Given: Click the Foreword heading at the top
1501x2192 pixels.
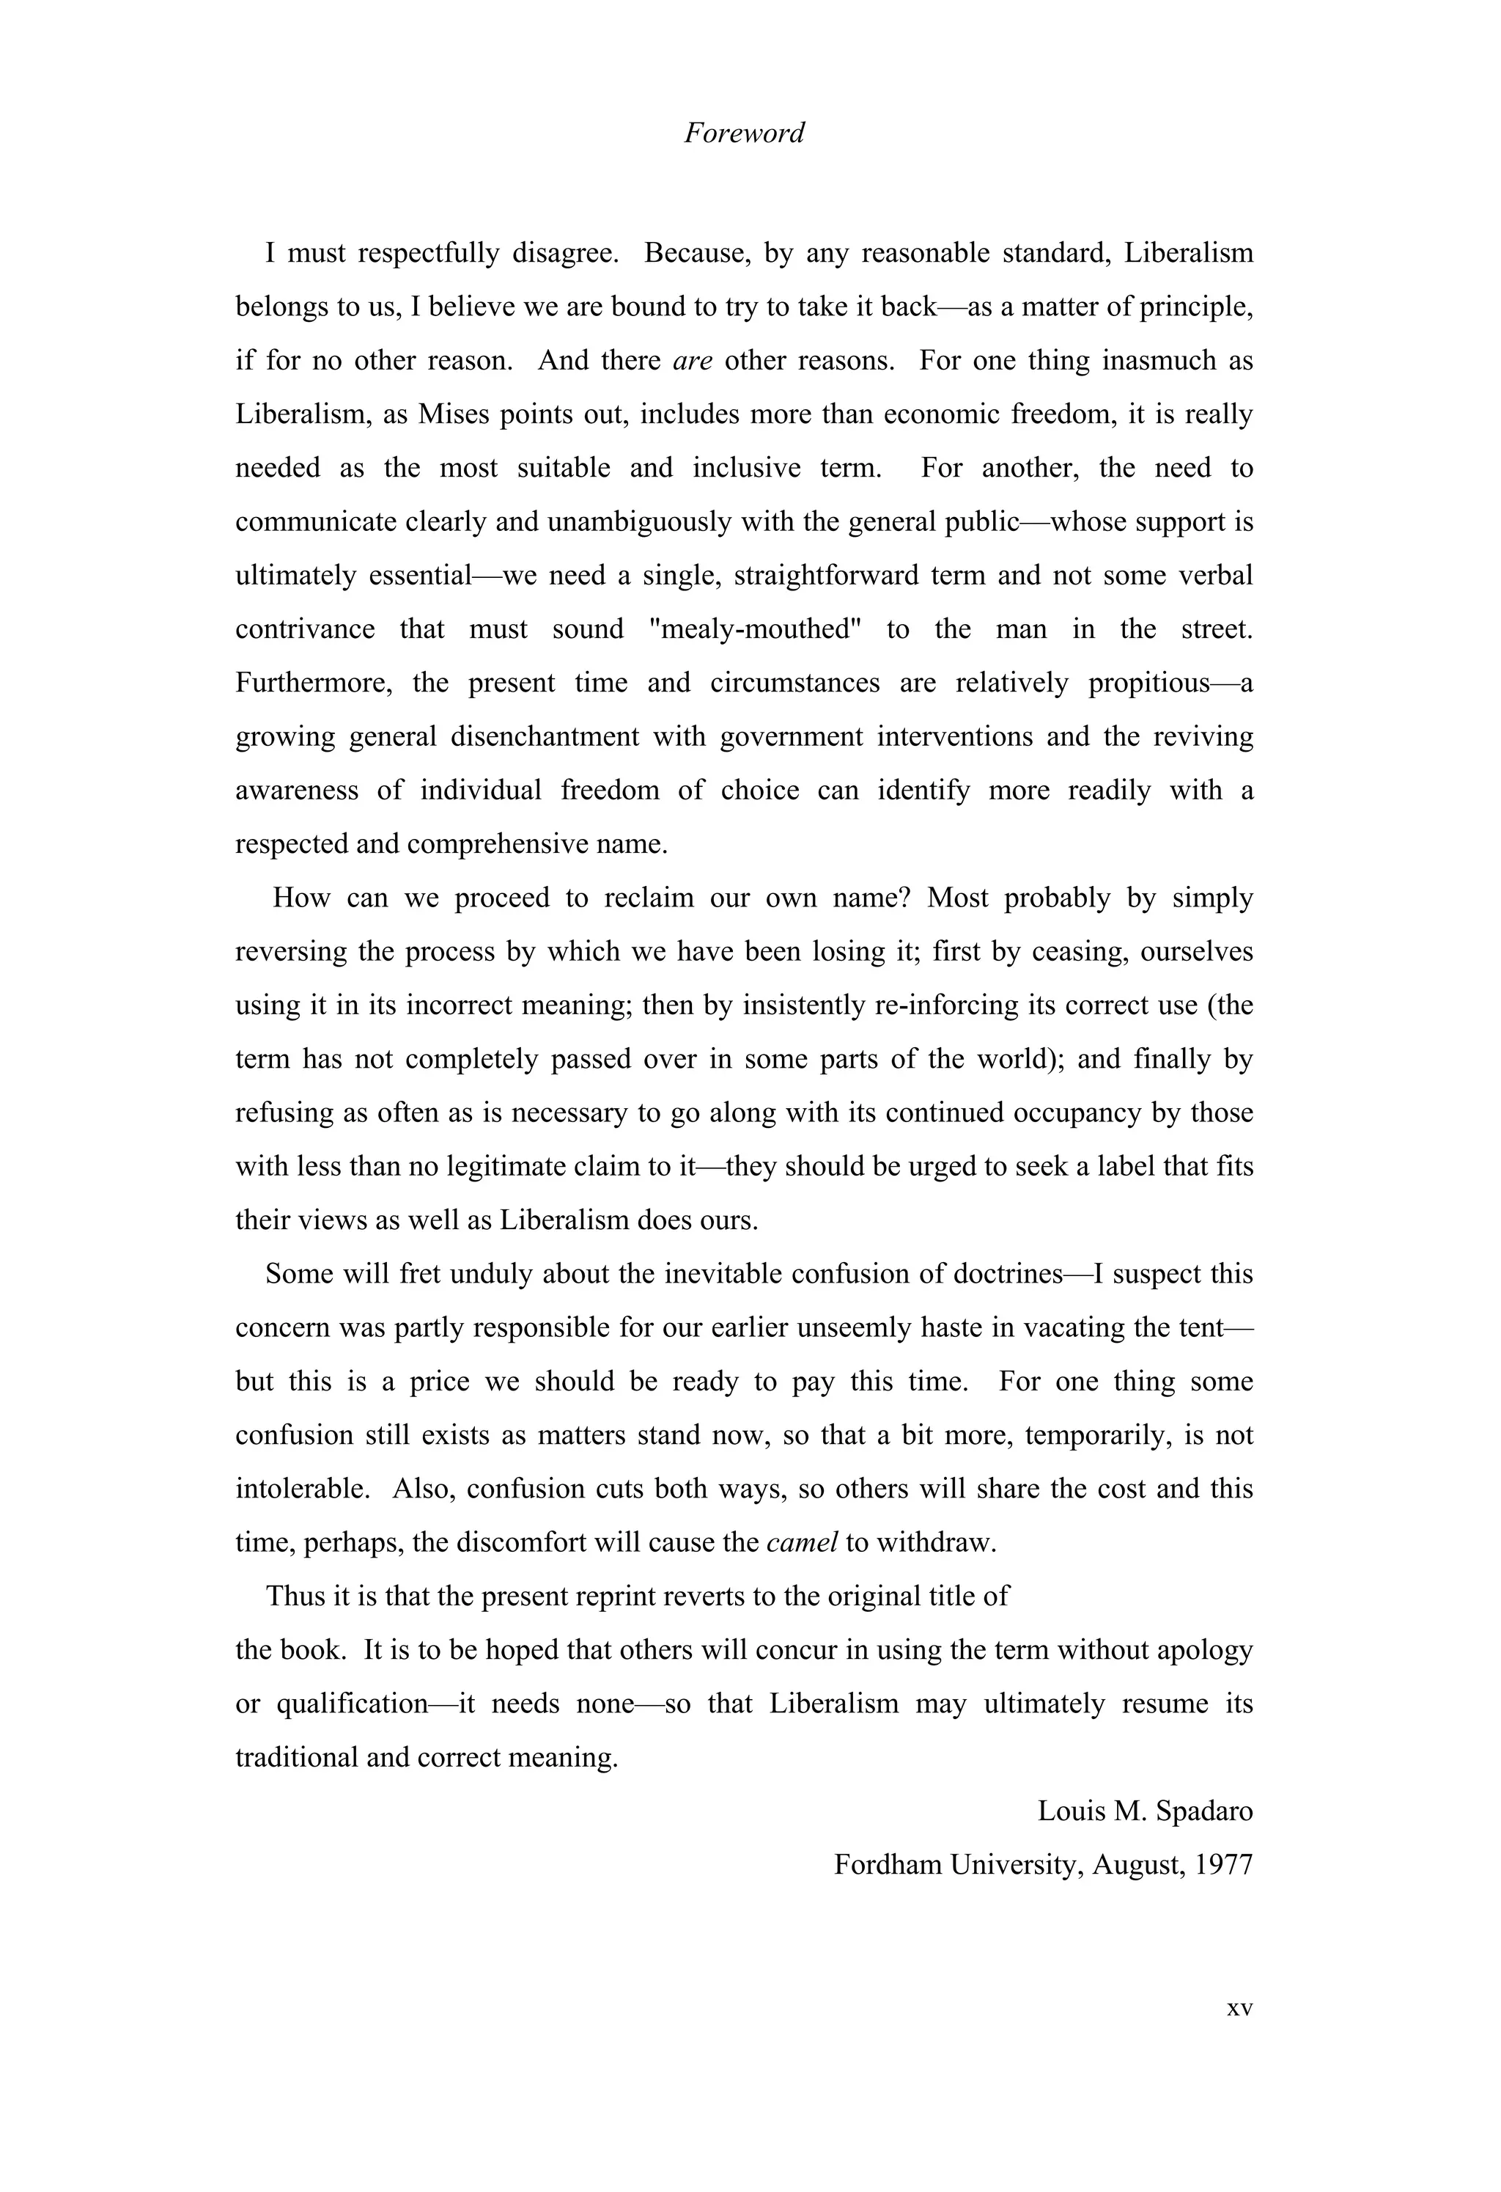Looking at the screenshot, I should pos(744,133).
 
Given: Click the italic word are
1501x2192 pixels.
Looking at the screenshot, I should pos(692,362).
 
